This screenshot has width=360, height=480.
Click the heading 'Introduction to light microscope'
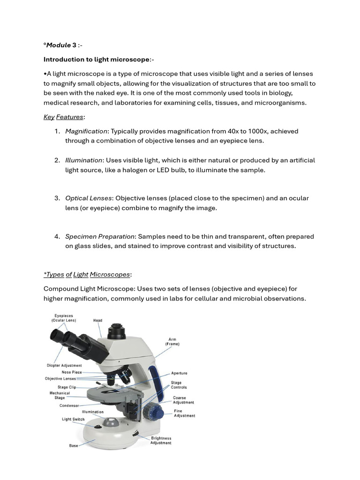[97, 60]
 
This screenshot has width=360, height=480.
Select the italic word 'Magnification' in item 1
[86, 131]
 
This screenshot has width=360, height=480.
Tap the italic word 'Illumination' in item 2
[83, 160]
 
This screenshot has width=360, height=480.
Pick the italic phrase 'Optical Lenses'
[88, 198]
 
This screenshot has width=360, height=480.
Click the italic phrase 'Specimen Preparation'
[100, 237]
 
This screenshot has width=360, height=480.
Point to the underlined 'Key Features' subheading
[64, 117]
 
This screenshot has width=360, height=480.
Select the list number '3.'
[57, 198]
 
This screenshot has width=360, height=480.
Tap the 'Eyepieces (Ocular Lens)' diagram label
[64, 318]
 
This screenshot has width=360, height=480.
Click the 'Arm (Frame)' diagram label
[172, 342]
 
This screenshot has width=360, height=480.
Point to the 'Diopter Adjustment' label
[64, 366]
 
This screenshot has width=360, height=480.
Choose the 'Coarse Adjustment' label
[183, 400]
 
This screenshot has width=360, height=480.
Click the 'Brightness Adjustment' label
[161, 441]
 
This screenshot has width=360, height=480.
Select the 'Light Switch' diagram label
[73, 419]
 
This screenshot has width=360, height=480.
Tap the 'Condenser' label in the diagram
[69, 405]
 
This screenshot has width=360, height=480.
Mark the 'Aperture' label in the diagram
[179, 373]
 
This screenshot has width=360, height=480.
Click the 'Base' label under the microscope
[74, 445]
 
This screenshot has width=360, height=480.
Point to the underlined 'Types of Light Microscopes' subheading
[87, 275]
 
